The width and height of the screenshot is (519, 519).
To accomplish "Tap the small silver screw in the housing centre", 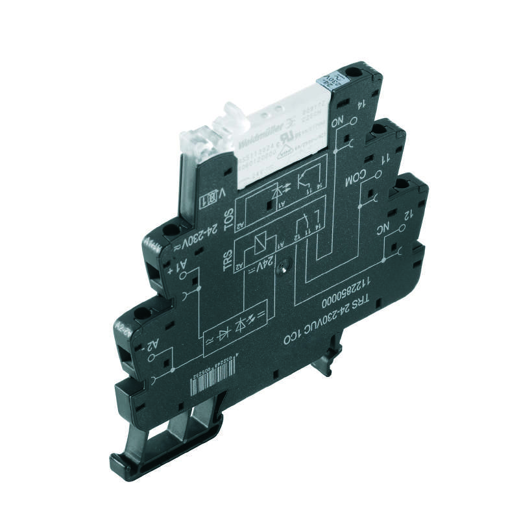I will coord(284,266).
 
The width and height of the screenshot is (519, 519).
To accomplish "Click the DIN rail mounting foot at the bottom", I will coord(156,448).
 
